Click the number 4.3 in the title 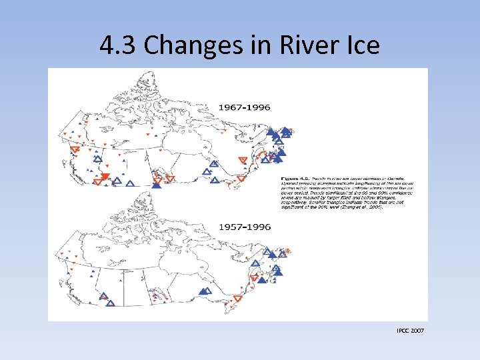[118, 45]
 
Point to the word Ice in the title [359, 45]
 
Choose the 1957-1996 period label [245, 227]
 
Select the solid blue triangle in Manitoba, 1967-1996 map [156, 184]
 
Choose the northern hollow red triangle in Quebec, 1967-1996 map [243, 160]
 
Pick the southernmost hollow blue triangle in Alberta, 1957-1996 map [110, 303]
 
